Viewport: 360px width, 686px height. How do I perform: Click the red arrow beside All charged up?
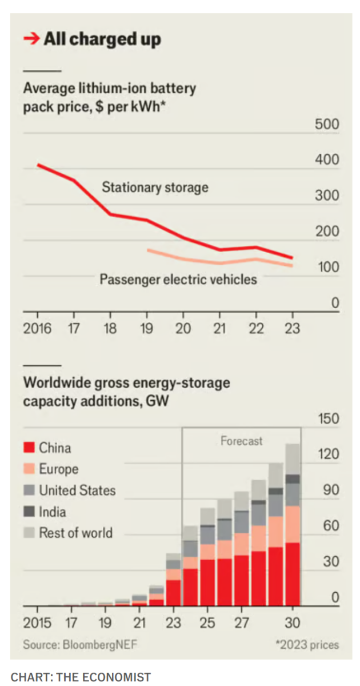31,39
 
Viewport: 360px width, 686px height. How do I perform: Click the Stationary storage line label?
155,187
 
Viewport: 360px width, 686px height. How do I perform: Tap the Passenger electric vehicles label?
178,280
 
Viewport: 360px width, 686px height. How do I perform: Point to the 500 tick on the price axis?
327,125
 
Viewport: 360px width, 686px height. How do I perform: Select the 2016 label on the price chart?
37,329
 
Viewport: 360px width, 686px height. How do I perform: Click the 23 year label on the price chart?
292,329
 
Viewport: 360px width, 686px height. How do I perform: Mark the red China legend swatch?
29,448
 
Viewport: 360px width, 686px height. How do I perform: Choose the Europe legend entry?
58,469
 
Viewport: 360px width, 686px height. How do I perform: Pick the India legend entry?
52,512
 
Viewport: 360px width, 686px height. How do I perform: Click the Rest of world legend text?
75,533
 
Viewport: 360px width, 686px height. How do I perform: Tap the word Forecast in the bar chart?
241,441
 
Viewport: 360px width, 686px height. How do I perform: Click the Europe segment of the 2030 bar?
293,524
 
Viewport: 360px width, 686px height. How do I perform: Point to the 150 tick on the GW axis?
327,419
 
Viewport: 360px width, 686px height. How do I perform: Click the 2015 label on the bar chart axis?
37,623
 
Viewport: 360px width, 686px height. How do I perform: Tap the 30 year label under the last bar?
293,623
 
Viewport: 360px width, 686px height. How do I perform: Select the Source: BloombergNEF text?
80,645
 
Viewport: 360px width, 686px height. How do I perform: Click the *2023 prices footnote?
307,645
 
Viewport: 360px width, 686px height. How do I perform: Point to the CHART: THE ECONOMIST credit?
81,677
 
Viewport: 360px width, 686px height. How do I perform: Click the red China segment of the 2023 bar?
174,593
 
